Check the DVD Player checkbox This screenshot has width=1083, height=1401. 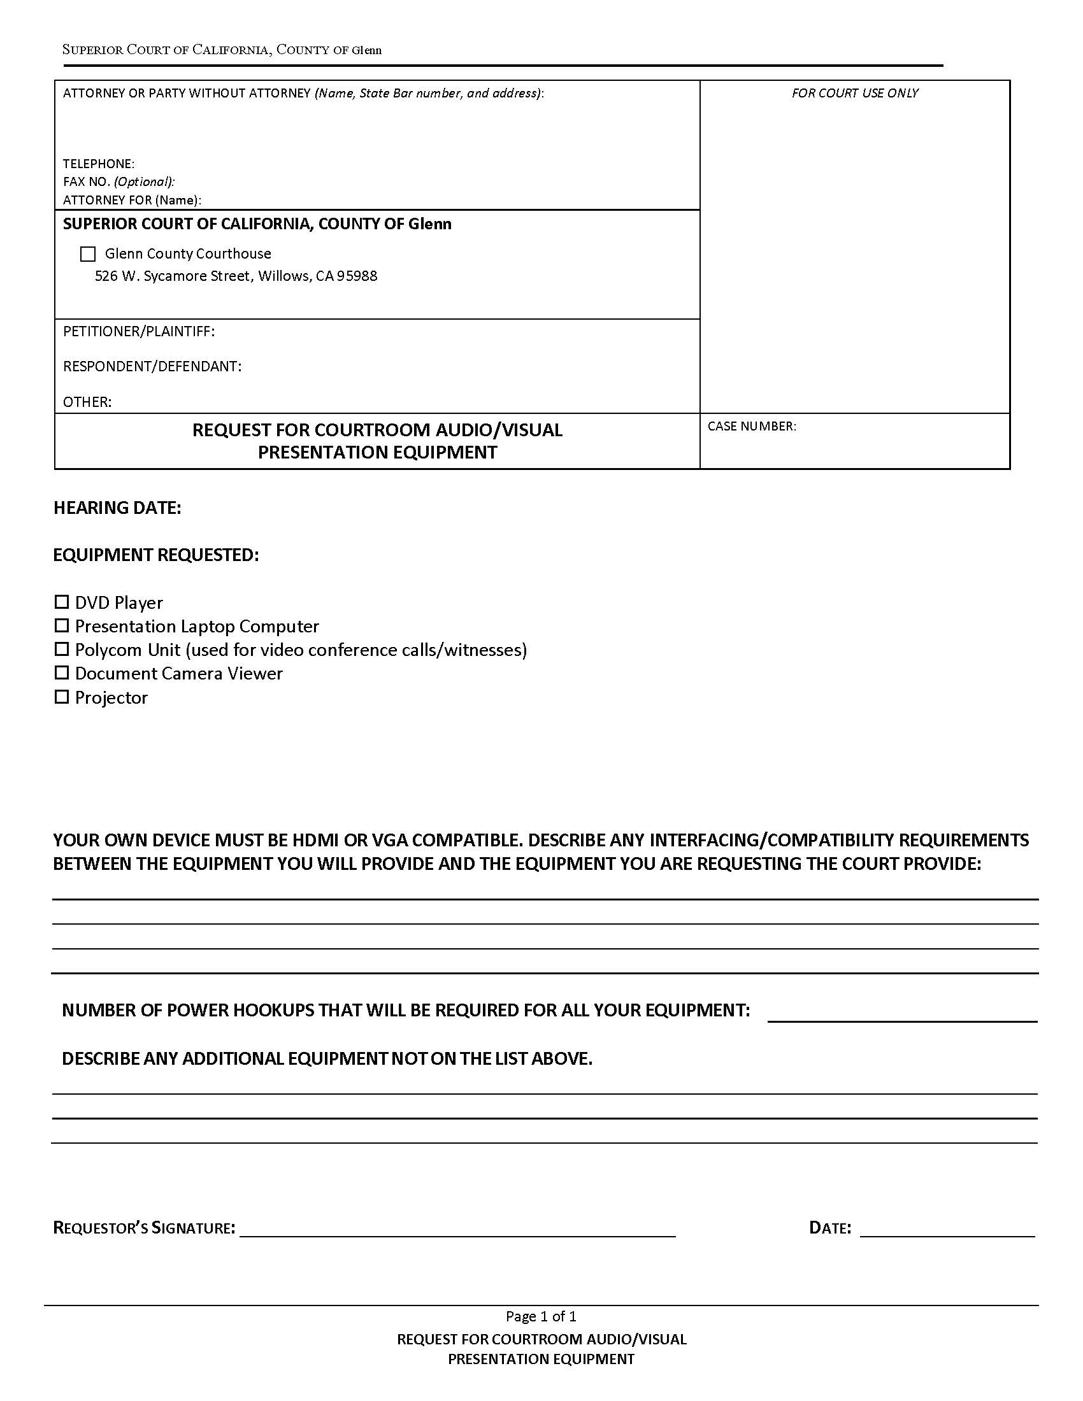(x=62, y=602)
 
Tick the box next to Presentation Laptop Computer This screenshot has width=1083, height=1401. (x=62, y=625)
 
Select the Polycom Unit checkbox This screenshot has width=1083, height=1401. (x=62, y=649)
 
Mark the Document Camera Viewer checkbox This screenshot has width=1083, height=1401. (x=62, y=673)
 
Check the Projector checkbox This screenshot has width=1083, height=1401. (x=62, y=697)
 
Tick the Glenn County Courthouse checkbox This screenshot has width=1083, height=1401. (x=88, y=254)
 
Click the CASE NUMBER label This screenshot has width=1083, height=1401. (x=751, y=427)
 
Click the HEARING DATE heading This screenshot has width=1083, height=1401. (x=117, y=508)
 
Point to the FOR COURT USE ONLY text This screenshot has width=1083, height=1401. (x=854, y=94)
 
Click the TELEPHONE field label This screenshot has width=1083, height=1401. (x=99, y=164)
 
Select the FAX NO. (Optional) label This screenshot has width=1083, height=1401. (x=118, y=181)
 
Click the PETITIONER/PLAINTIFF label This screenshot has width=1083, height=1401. (x=139, y=332)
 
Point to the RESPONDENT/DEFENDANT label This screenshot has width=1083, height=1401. (x=152, y=366)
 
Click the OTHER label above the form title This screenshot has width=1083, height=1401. (x=87, y=402)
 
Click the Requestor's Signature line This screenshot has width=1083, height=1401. (x=457, y=1229)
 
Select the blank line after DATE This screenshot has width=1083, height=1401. (x=947, y=1229)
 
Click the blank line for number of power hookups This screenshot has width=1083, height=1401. (x=901, y=1014)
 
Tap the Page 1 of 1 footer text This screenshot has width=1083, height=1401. (x=541, y=1316)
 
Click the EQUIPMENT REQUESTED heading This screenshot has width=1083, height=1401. (x=156, y=555)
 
